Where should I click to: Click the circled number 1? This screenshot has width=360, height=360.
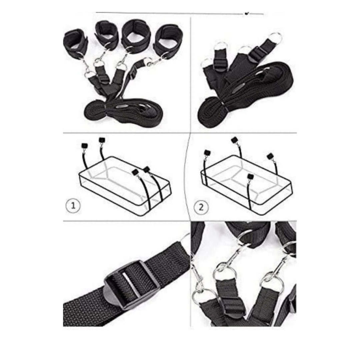pos(73,205)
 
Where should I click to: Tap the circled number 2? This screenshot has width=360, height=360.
pos(201,207)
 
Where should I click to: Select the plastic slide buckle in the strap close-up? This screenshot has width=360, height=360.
pos(132,285)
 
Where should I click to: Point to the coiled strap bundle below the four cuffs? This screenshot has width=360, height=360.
pos(124,111)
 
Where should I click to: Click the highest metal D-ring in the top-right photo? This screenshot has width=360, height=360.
pos(275,38)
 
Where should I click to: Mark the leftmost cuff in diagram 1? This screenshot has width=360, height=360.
pos(84,146)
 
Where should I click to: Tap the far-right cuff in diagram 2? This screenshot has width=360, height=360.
pos(270,157)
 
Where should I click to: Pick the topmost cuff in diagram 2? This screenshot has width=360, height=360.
pos(234,140)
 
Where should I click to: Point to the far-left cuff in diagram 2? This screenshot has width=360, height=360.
pos(207,152)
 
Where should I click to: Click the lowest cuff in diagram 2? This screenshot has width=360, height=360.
pos(250,177)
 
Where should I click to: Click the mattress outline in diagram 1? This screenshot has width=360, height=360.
pos(125,186)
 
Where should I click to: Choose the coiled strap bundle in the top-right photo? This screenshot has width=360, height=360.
pos(246,96)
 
